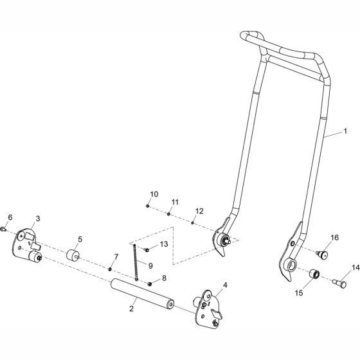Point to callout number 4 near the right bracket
(x=224, y=285)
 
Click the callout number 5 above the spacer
(x=80, y=239)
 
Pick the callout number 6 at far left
(x=9, y=217)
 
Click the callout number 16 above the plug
(x=334, y=238)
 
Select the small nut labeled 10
(x=148, y=206)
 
